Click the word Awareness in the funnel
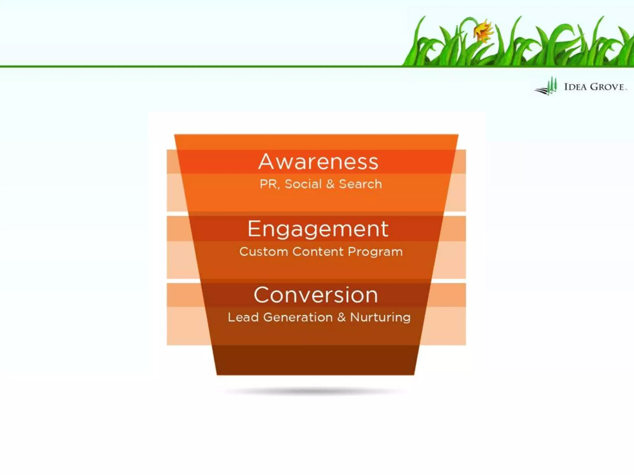click(x=318, y=161)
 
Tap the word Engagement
click(x=318, y=229)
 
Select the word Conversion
click(x=316, y=295)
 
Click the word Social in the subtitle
click(x=303, y=184)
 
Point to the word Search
click(x=360, y=184)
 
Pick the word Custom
click(x=264, y=252)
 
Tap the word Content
click(x=318, y=252)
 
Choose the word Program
click(x=375, y=252)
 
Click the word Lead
click(x=243, y=317)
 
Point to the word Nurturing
click(x=380, y=317)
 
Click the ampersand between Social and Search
click(x=330, y=184)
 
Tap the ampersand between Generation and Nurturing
click(x=341, y=317)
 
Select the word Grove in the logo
click(x=607, y=87)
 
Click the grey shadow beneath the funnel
click(x=316, y=392)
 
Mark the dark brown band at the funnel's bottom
click(x=316, y=360)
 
